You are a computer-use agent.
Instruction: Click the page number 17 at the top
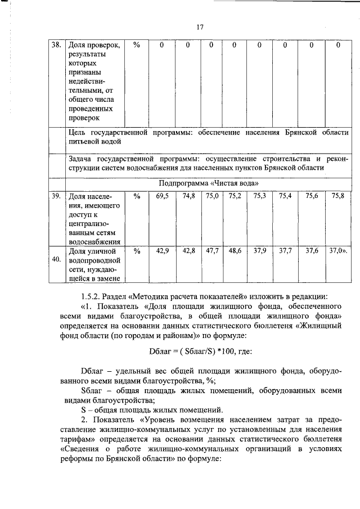point(199,26)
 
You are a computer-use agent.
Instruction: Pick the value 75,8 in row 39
point(337,196)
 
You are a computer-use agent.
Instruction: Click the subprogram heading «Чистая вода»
point(209,183)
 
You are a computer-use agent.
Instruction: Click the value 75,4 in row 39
point(285,196)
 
